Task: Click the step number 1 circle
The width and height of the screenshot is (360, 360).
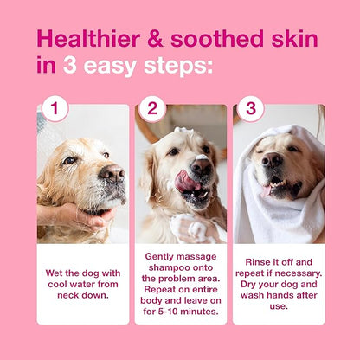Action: coord(55,109)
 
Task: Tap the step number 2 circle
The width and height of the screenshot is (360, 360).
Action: coord(153,109)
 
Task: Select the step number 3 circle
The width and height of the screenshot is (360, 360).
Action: coord(251,109)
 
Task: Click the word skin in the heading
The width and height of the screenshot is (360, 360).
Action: coord(291,39)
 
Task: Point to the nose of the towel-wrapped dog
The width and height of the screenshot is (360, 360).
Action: coord(272,161)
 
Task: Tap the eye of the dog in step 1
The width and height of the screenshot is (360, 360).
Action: coord(70,161)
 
